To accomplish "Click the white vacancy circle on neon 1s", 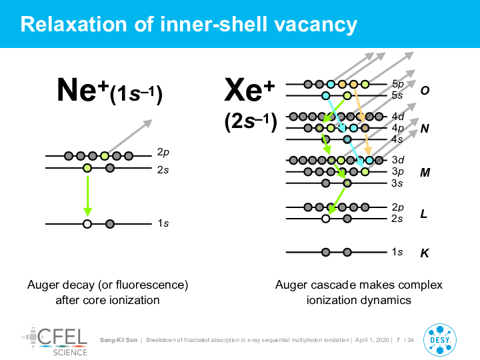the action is (87, 224).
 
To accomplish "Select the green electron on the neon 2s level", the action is (87, 168).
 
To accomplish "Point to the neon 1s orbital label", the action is (163, 223).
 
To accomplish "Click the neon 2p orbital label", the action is (163, 152).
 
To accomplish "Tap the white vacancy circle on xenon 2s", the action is (326, 219).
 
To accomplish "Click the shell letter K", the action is (424, 253).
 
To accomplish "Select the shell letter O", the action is (425, 90).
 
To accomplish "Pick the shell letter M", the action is (425, 173).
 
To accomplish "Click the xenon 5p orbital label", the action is (397, 84).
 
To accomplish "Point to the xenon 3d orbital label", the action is (398, 160).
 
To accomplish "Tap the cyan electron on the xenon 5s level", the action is (326, 96).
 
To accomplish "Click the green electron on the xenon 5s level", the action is (347, 96).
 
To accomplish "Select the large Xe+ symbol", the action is (249, 90).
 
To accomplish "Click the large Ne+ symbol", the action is (83, 89).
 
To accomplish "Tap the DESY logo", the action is (440, 340).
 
